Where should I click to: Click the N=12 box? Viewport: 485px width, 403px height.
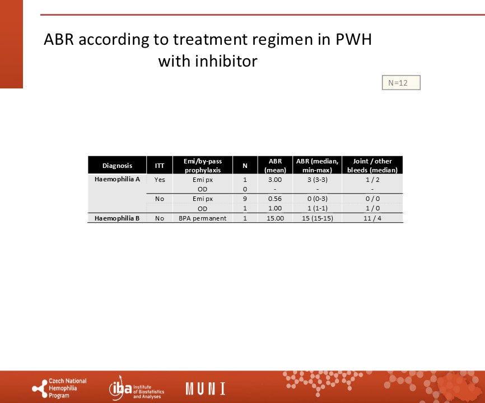pos(401,83)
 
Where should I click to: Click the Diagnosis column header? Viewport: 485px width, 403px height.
pos(117,166)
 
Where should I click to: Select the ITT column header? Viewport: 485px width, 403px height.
pos(160,166)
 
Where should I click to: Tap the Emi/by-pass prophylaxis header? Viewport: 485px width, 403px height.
pos(203,165)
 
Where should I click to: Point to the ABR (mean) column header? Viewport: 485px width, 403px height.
pos(275,165)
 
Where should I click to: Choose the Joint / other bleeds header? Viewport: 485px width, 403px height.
pos(372,165)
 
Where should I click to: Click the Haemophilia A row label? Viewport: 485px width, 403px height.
pos(117,179)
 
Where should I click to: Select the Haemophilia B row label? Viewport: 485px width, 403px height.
pos(117,218)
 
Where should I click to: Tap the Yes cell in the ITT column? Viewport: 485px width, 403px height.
pos(160,180)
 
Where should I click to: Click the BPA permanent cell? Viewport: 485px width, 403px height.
pos(203,218)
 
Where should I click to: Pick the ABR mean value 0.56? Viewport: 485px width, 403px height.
pos(275,199)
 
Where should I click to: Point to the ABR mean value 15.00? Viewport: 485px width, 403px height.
pos(276,218)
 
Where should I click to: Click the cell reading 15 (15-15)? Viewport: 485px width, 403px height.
pos(318,218)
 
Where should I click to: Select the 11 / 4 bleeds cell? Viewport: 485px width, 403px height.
pos(372,218)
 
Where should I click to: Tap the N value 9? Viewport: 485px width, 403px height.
pos(245,199)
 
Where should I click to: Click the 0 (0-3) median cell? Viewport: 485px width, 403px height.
pos(318,199)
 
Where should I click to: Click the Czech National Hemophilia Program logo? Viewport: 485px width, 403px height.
pos(59,388)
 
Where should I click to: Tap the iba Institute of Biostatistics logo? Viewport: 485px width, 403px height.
pos(137,388)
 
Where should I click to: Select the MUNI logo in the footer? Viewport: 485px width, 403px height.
pos(206,388)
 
